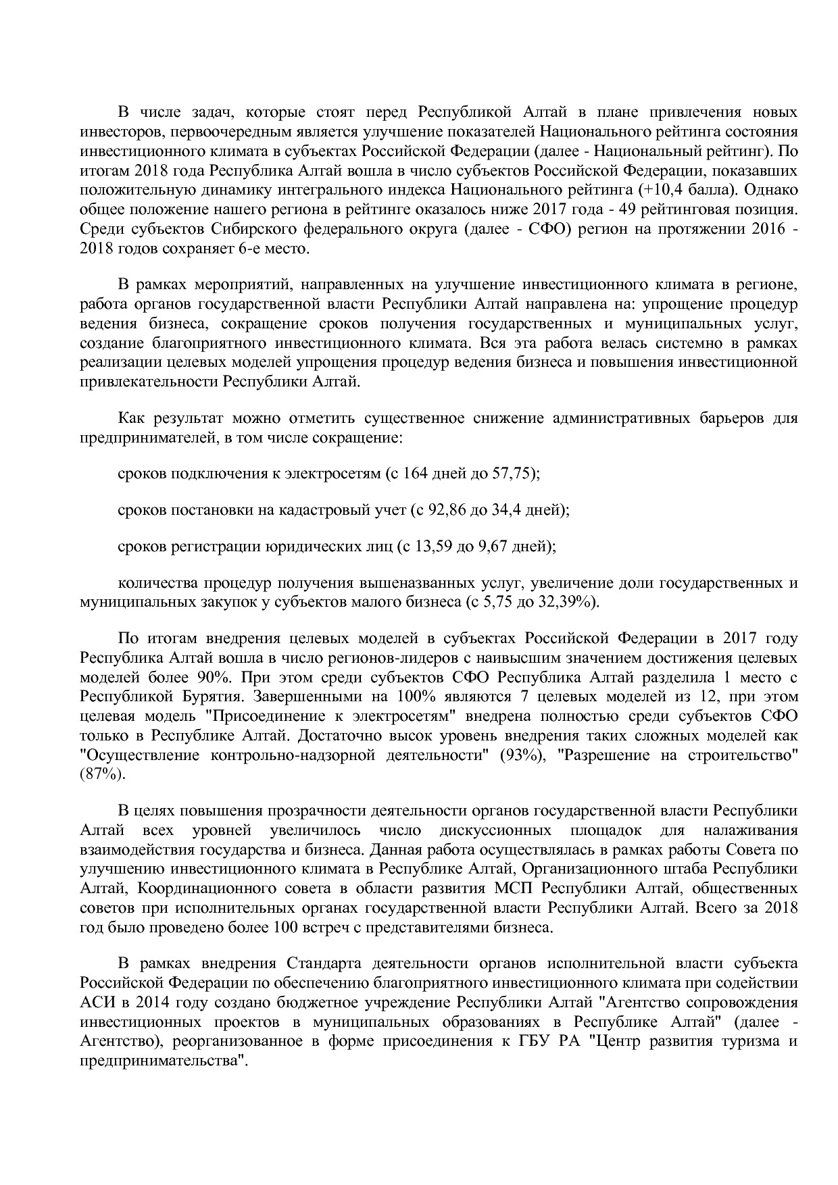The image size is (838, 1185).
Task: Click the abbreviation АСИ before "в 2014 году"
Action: pyautogui.click(x=95, y=1002)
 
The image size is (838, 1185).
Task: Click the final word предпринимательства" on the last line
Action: pyautogui.click(x=163, y=1061)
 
